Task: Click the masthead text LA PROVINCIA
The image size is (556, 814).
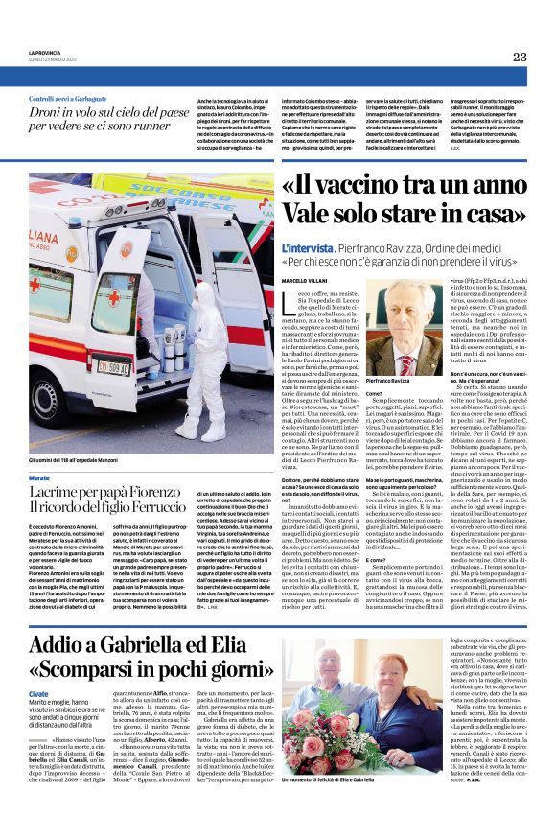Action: (46, 53)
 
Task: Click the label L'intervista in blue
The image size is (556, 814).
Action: (310, 247)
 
